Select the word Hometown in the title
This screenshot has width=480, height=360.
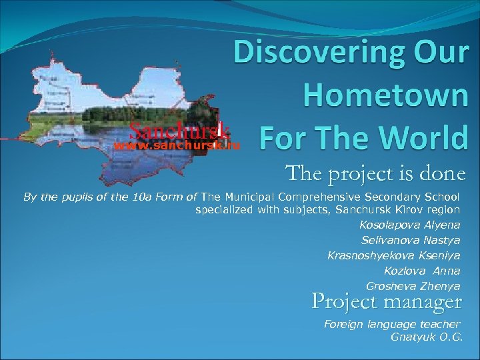pyautogui.click(x=385, y=96)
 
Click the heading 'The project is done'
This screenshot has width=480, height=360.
pyautogui.click(x=375, y=174)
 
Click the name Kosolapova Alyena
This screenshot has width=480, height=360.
pyautogui.click(x=409, y=225)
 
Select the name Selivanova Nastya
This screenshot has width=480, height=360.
pyautogui.click(x=411, y=240)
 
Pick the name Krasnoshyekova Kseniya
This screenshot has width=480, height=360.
pyautogui.click(x=393, y=255)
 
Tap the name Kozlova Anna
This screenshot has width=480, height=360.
pyautogui.click(x=422, y=271)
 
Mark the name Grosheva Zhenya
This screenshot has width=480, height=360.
pyautogui.click(x=413, y=286)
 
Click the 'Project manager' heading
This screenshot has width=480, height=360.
pyautogui.click(x=387, y=303)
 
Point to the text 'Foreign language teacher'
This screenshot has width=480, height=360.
pyautogui.click(x=392, y=324)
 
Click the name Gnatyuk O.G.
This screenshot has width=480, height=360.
pyautogui.click(x=427, y=337)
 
